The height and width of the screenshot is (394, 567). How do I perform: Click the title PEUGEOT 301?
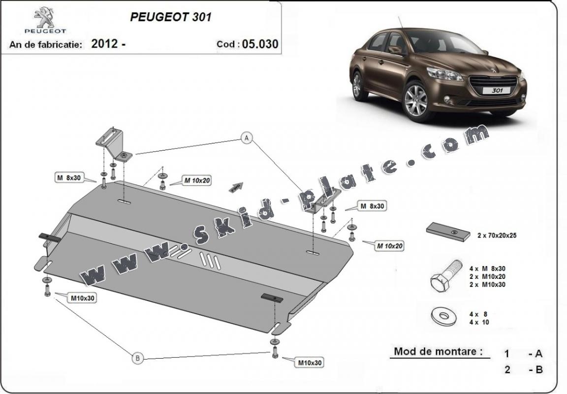pos(171,17)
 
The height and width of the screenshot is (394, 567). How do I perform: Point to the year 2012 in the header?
pos(104,44)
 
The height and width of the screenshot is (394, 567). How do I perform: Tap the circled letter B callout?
pos(137,359)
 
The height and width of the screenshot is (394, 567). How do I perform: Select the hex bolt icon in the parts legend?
pos(445,275)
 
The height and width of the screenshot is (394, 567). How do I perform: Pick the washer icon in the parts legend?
pos(443,316)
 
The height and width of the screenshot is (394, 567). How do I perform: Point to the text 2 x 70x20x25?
pos(497,236)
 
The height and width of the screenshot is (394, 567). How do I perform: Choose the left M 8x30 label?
pos(69,178)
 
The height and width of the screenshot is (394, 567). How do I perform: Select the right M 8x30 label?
pos(372,207)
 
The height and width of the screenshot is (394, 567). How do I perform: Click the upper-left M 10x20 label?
pos(197,181)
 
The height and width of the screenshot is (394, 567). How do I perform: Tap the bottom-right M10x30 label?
pos(310,363)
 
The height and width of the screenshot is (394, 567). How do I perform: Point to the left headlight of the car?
pos(444,74)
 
